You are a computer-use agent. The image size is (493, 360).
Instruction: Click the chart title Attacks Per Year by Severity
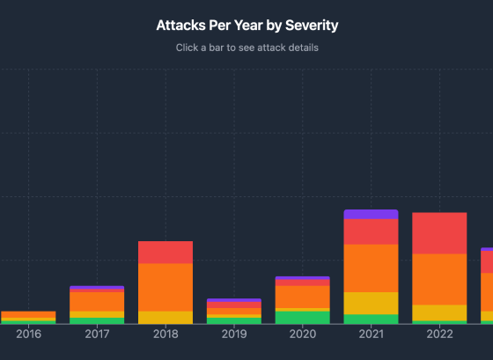[246, 26]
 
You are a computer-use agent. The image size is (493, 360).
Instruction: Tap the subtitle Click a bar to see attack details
[246, 48]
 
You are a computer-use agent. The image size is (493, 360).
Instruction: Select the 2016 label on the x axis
[28, 334]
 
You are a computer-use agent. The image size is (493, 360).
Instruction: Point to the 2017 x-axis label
[97, 334]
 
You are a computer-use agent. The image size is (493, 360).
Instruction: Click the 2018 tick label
[166, 334]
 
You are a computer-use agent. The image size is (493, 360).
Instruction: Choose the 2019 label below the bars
[234, 334]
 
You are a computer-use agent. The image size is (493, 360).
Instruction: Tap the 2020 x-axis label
[302, 334]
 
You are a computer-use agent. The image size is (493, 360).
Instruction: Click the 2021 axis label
[371, 334]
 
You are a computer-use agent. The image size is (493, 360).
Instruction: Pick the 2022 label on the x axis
[439, 334]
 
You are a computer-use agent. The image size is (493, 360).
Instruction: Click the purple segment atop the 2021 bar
[371, 214]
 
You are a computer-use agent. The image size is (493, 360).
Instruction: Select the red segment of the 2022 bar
[439, 233]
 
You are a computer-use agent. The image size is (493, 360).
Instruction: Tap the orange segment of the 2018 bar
[166, 287]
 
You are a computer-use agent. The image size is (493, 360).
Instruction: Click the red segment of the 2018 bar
[166, 252]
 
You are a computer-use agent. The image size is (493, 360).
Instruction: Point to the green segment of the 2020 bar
[302, 317]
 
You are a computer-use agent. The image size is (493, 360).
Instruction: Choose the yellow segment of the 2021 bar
[371, 303]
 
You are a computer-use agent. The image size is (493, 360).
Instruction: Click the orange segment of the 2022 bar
[439, 279]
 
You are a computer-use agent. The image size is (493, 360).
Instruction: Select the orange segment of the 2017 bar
[97, 301]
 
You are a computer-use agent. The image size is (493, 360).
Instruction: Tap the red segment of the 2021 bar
[371, 231]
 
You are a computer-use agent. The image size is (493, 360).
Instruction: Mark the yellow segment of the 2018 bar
[166, 317]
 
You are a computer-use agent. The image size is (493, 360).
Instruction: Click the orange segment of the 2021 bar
[371, 268]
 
